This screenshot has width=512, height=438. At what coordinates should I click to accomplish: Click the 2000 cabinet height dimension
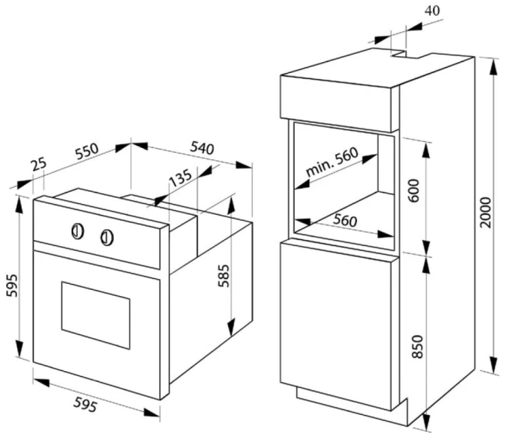[485, 212]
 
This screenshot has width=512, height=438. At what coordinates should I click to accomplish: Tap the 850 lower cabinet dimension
[417, 347]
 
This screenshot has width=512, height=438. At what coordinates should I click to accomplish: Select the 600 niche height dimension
[414, 190]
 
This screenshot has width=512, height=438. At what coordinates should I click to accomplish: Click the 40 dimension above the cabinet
[432, 11]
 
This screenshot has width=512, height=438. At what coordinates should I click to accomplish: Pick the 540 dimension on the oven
[202, 147]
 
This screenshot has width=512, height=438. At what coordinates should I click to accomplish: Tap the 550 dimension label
[87, 151]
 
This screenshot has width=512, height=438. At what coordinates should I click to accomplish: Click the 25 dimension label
[39, 164]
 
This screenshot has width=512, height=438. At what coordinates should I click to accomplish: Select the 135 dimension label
[180, 178]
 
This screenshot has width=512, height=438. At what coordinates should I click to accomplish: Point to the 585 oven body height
[224, 276]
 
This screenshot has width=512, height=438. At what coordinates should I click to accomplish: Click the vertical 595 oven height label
[12, 286]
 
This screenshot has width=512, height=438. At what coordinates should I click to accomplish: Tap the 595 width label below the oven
[85, 405]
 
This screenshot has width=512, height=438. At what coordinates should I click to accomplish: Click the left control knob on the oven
[77, 231]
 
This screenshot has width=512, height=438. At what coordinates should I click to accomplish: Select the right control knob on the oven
[106, 237]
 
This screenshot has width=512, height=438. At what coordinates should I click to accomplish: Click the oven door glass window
[96, 315]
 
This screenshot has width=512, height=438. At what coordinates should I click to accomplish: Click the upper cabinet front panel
[336, 104]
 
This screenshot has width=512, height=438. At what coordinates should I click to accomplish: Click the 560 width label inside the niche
[345, 220]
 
